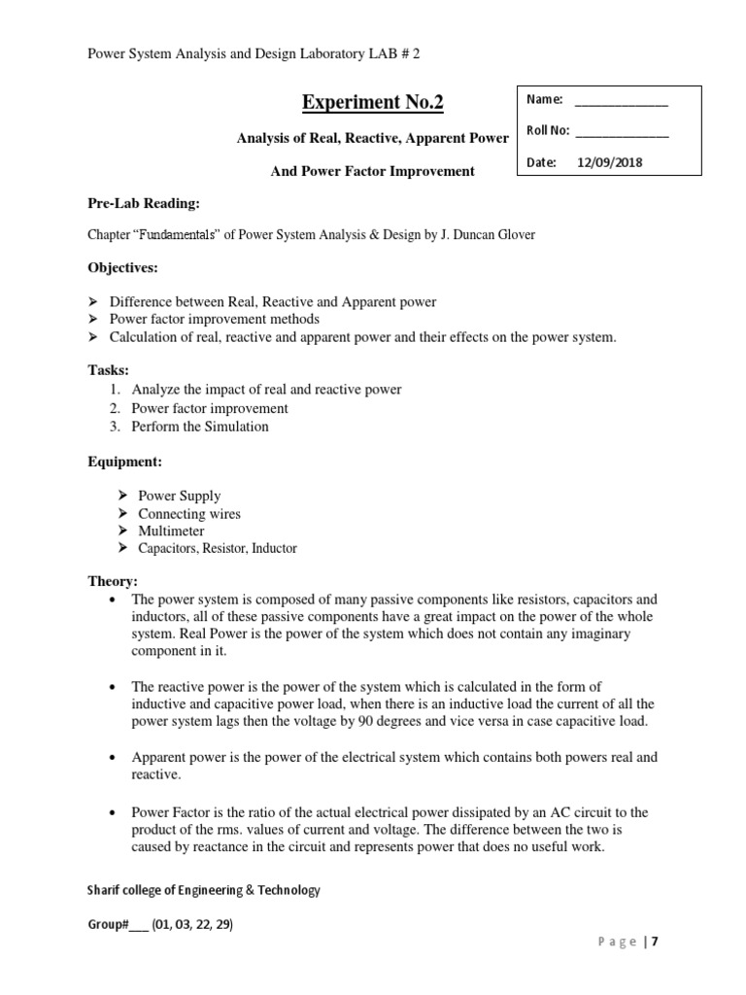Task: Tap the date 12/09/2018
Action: pos(610,163)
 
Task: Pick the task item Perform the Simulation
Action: pos(200,426)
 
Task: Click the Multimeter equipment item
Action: pos(171,531)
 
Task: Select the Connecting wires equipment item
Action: pos(188,513)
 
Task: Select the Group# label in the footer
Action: pos(107,924)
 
